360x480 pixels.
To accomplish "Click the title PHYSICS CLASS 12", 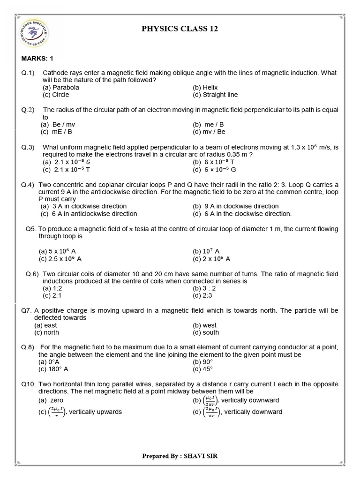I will tap(180, 29).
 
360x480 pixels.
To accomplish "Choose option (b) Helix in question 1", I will tap(205, 87).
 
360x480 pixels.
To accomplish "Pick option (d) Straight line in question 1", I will tap(215, 95).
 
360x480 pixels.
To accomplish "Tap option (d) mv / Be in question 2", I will tap(209, 132).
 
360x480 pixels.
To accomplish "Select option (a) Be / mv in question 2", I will tap(58, 124).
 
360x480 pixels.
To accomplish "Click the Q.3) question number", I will tap(28, 147).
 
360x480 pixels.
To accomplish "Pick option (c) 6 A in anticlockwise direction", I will tap(89, 214).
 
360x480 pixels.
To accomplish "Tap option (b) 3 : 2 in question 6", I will tap(204, 288).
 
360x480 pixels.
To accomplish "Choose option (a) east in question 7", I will tap(46, 325).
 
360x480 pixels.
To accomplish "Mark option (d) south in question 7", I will tap(206, 333).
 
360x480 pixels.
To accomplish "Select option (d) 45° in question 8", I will tap(203, 369).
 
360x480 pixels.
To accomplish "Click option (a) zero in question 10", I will tap(52, 400).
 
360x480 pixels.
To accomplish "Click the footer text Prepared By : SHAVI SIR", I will tap(180, 456).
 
